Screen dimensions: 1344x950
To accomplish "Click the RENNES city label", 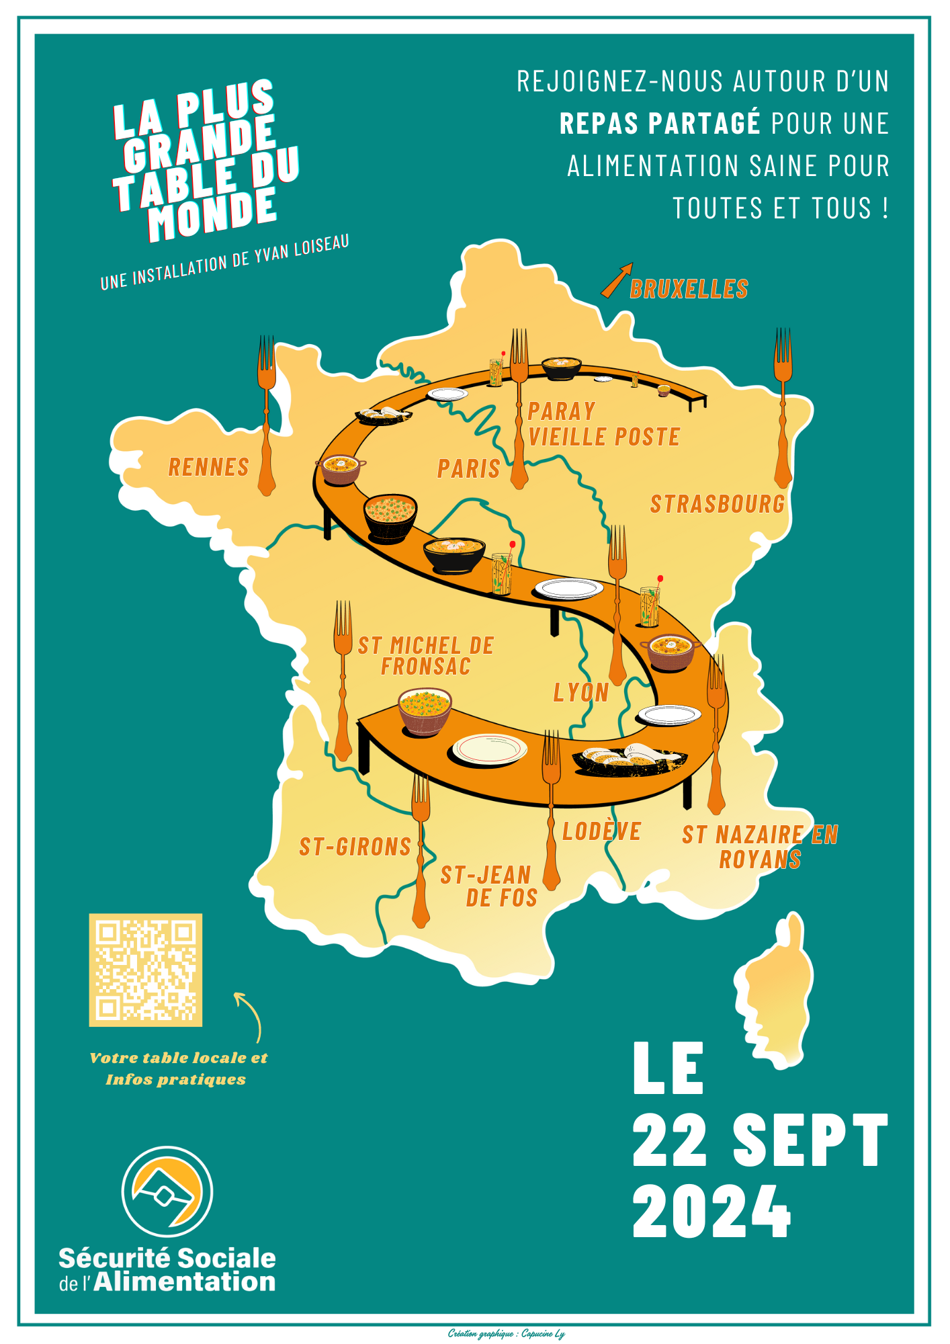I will (x=208, y=466).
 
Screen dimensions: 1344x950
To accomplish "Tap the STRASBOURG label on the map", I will (x=717, y=503).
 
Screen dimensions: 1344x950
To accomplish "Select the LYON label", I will (x=580, y=692).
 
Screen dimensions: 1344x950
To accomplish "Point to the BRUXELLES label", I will (x=689, y=289).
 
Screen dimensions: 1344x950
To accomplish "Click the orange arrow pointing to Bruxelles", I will (x=616, y=280).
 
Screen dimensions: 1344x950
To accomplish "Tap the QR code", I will (x=146, y=970).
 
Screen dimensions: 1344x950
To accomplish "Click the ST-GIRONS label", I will (x=355, y=847).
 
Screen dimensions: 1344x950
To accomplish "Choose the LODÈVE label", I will (x=601, y=831).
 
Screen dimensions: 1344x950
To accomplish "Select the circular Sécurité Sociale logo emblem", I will (x=167, y=1191).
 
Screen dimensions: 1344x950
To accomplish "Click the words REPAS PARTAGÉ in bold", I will (x=659, y=124).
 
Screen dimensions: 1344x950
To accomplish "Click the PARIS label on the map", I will (x=468, y=468).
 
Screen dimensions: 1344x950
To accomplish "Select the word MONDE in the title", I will (x=212, y=213).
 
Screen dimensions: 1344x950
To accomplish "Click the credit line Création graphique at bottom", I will (x=506, y=1333).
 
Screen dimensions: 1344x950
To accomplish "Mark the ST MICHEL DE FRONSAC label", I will (x=425, y=656).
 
